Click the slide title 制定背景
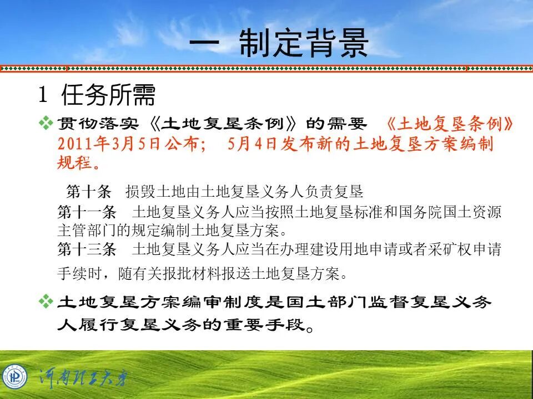304,44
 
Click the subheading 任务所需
109,95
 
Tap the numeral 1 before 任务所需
42,96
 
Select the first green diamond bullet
46,123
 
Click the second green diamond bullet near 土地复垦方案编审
46,301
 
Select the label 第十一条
87,212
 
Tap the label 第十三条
87,250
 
